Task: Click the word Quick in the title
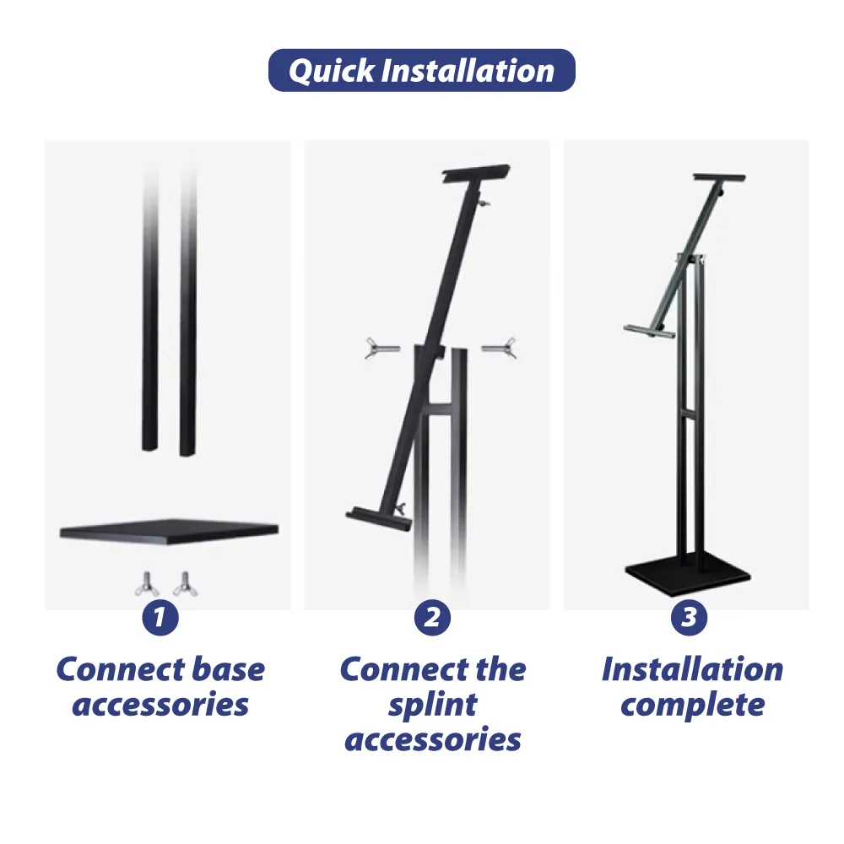(x=332, y=71)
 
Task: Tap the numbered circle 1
(x=160, y=618)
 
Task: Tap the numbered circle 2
(x=432, y=618)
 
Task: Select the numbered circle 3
(x=689, y=618)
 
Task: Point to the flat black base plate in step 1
(x=169, y=531)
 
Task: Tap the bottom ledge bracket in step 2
(x=371, y=513)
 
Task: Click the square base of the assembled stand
(x=687, y=574)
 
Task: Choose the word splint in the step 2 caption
(x=432, y=706)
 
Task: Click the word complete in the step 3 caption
(x=692, y=706)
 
